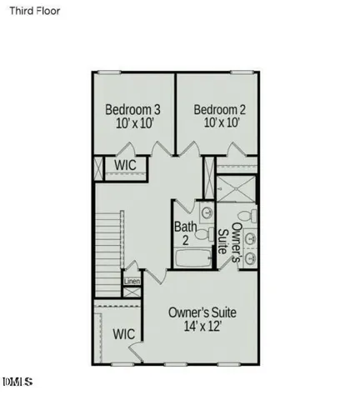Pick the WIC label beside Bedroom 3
125,165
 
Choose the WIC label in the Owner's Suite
124,333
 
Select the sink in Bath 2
206,212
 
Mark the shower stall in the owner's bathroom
237,188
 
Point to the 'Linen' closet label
132,281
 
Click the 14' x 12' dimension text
202,327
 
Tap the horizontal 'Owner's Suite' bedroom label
202,312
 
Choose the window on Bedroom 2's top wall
242,72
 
